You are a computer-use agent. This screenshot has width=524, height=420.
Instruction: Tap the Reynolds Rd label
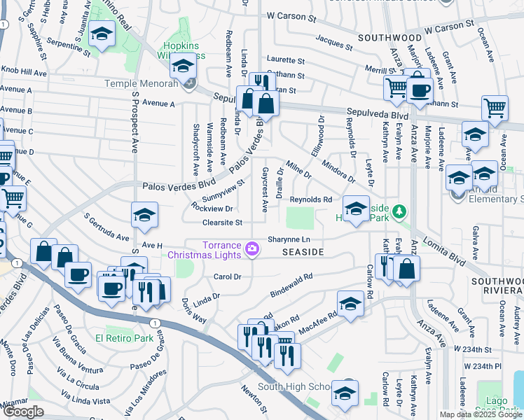pos(310,199)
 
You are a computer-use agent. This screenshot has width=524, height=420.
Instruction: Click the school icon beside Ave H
pos(144,215)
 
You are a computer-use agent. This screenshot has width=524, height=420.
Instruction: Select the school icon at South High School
pos(345,393)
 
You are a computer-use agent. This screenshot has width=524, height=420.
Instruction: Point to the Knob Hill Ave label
pos(23,72)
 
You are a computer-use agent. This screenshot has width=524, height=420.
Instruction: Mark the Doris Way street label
pos(193,311)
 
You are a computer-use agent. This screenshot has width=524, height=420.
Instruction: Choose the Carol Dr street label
pos(228,276)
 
